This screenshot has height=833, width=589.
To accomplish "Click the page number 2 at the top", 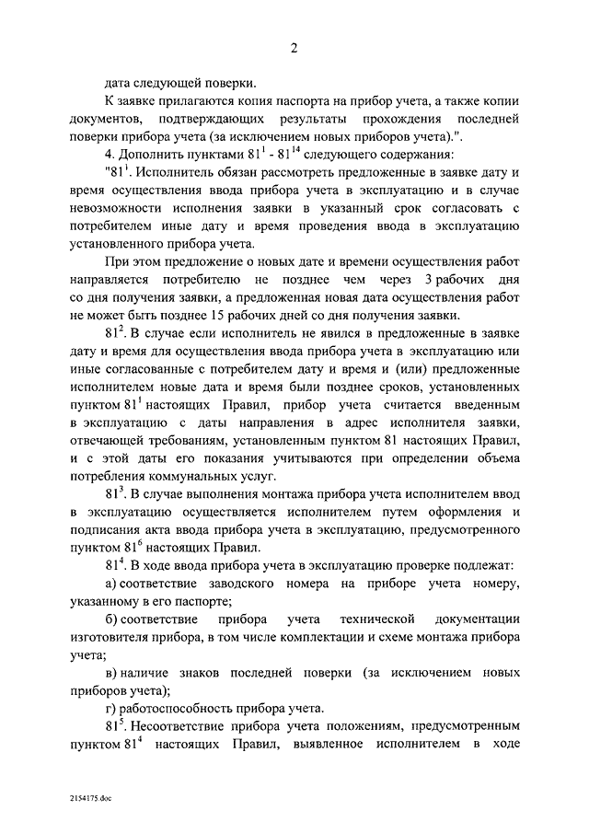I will coord(294,48).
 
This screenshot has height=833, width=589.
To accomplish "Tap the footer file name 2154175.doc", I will coord(87,790).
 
